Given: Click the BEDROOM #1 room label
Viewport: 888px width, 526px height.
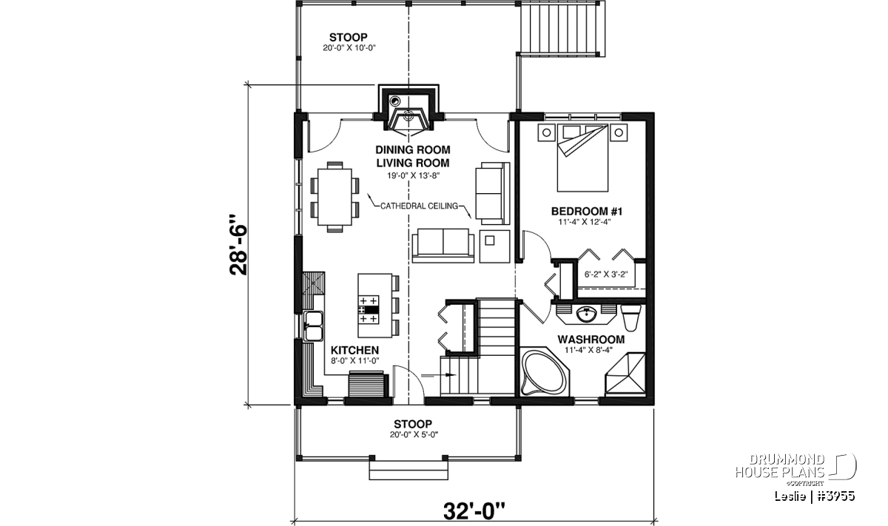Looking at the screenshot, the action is coord(587,212).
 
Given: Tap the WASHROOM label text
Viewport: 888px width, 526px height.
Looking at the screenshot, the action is coord(591,340).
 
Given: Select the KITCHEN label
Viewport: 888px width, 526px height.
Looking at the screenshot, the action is coord(354,351).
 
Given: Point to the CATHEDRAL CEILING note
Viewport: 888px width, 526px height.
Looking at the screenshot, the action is coord(419,206).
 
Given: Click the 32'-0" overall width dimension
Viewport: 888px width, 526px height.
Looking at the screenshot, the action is coord(474,511).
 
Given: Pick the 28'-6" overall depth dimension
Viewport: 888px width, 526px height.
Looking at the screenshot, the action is coord(238,245).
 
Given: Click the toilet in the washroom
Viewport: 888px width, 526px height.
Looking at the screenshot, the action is coord(630,317).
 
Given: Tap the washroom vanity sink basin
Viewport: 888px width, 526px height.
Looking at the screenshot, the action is coord(586,315).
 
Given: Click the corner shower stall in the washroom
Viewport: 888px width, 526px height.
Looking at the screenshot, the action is coord(625,374).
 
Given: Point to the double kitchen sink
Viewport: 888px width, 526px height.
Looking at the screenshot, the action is coord(313,326).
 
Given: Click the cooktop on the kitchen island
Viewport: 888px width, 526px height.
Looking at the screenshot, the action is coord(369,310).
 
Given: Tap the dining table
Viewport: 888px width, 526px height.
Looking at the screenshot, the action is coord(335,197).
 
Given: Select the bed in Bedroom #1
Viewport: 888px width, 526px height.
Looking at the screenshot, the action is coord(583,158).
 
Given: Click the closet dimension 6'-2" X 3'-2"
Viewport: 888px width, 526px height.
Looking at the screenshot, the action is coord(606,274).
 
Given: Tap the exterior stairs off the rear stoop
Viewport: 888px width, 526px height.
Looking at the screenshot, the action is coord(563,28).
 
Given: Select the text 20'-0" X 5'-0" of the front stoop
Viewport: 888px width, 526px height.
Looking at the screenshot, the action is coord(414,434).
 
